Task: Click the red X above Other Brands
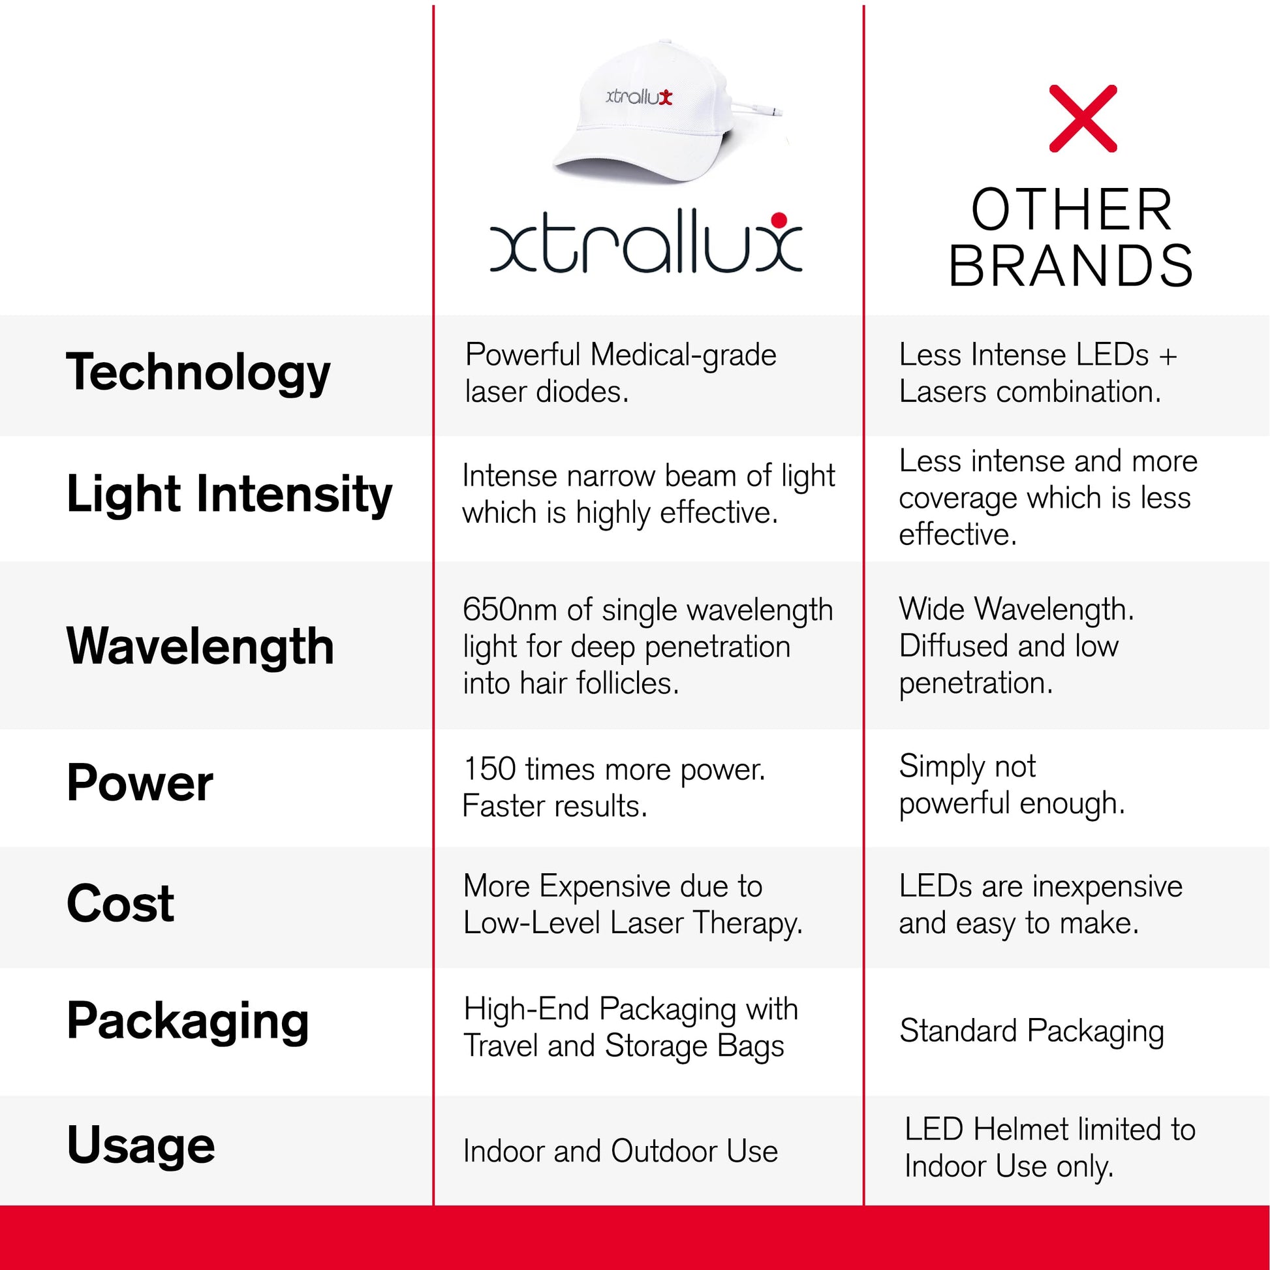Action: (1083, 118)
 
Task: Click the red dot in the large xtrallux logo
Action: (779, 219)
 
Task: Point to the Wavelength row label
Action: (200, 646)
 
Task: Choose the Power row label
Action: (140, 782)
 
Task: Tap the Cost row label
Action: (121, 903)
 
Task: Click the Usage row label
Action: (141, 1145)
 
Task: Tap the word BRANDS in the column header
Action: (1071, 266)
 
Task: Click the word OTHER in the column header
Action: (1072, 209)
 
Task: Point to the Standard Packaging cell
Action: (1031, 1031)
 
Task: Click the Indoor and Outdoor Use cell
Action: (621, 1151)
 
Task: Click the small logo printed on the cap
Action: (639, 97)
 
